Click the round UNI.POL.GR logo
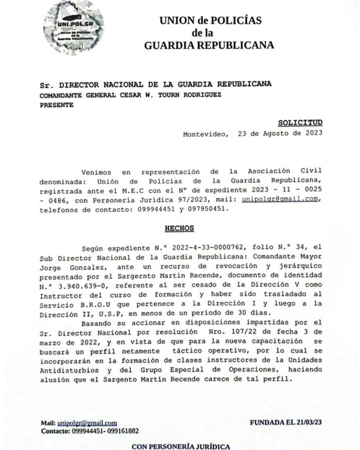[x=74, y=28]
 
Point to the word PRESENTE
[x=57, y=105]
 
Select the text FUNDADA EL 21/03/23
[x=286, y=422]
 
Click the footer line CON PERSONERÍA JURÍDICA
[x=181, y=446]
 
